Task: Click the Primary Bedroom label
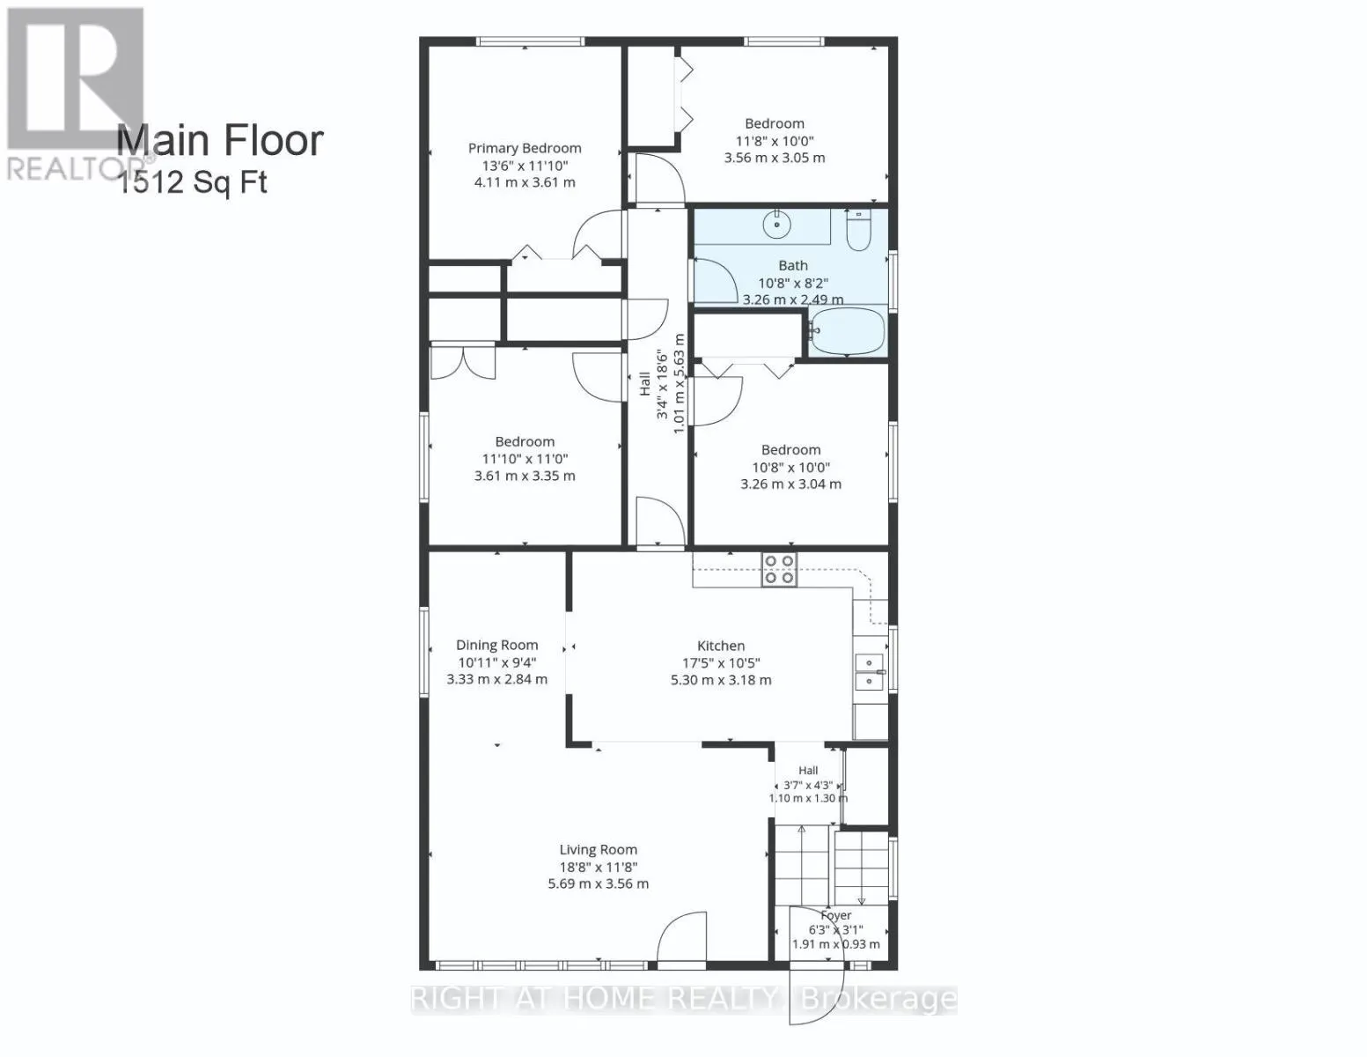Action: point(524,148)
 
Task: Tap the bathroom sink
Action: point(777,224)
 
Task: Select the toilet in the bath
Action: point(858,231)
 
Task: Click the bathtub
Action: point(848,331)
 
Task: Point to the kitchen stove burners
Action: point(779,569)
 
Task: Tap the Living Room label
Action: point(599,849)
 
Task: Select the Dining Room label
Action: point(497,645)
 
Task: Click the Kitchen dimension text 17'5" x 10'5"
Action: point(721,663)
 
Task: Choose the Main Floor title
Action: point(219,140)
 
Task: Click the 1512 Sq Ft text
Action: point(193,182)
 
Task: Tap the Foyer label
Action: point(836,914)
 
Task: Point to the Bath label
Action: point(792,266)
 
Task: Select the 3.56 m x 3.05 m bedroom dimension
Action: point(775,158)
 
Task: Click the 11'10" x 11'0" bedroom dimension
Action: point(525,459)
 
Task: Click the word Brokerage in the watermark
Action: point(879,999)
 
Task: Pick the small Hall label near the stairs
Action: point(808,770)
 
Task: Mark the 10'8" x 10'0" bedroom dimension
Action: point(790,467)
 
